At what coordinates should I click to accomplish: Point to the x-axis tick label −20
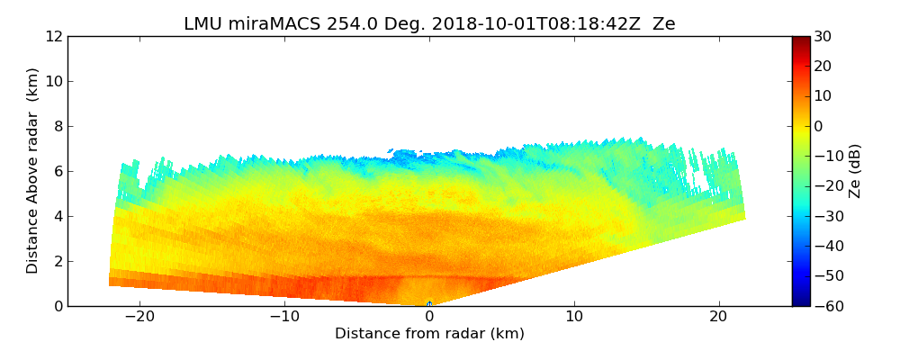139,317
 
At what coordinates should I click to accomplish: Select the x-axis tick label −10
284,317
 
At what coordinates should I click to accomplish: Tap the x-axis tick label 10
574,317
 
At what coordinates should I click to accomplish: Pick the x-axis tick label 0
429,317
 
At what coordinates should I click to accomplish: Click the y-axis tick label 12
54,36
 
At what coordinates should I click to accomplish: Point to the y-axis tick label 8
58,126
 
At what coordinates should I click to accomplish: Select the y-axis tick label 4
58,216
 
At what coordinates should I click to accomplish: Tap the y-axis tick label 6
58,171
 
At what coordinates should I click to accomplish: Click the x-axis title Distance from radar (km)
429,334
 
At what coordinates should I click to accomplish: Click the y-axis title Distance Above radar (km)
33,171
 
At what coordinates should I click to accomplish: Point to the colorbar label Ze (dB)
855,171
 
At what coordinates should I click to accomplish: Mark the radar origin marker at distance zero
429,304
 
